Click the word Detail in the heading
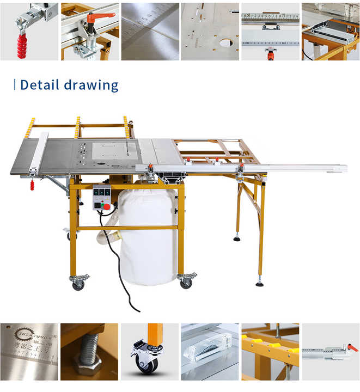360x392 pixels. (x=39, y=85)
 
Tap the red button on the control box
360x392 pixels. (x=107, y=206)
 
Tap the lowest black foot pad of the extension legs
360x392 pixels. (x=260, y=283)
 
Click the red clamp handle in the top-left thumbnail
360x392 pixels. (x=22, y=42)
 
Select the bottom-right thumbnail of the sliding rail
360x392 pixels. (x=331, y=352)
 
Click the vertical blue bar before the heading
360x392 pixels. (x=14, y=85)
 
